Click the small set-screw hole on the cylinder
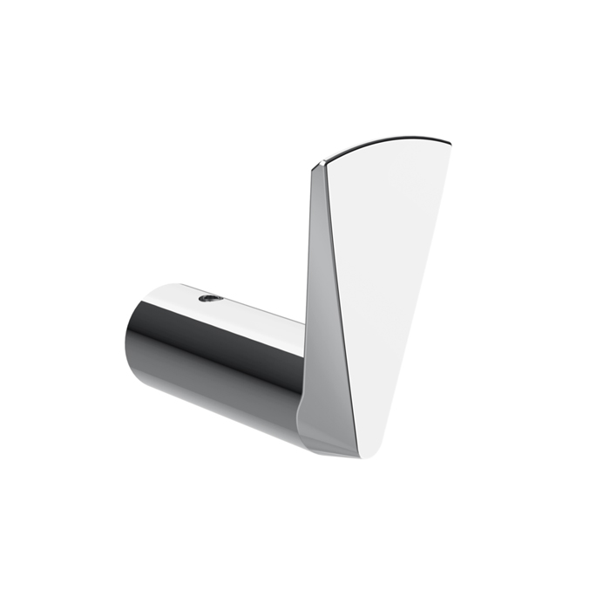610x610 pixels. click(x=207, y=299)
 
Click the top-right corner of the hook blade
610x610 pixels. click(x=451, y=139)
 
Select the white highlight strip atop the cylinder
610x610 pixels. click(x=253, y=309)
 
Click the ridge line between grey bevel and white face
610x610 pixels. click(x=342, y=305)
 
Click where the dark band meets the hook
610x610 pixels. click(x=302, y=366)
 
